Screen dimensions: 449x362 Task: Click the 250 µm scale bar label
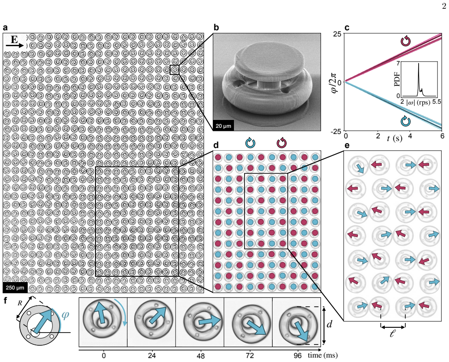15,287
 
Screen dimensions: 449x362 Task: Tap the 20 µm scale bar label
223,126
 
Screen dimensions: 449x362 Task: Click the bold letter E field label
14,39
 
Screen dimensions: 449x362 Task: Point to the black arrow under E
15,46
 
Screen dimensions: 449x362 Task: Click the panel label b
216,28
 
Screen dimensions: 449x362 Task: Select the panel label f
6,300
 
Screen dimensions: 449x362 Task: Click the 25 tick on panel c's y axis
339,34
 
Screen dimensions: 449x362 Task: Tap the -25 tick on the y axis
337,131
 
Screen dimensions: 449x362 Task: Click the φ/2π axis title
336,83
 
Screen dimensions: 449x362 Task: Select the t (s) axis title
394,139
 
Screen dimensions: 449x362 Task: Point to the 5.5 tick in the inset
436,102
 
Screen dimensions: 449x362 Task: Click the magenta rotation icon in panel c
405,41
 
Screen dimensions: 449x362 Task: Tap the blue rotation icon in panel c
405,121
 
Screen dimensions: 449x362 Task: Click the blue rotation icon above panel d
250,142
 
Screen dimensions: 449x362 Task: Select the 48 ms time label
201,356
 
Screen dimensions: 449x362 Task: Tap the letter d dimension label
329,324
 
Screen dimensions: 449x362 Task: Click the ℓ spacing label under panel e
393,333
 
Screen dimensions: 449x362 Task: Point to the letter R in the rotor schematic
20,303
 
